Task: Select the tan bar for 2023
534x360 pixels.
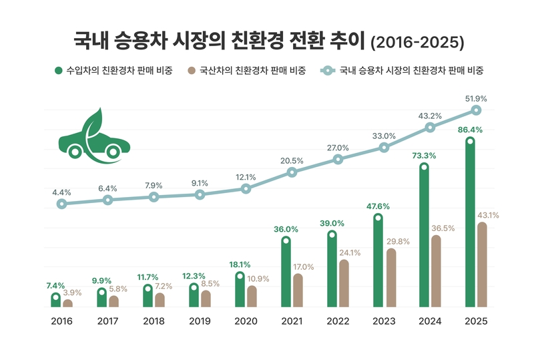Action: pos(391,279)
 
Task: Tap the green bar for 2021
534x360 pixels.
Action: pos(286,273)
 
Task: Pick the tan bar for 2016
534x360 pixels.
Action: pos(67,303)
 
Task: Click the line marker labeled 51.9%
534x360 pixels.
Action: pos(476,110)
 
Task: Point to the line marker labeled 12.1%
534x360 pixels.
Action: pos(246,189)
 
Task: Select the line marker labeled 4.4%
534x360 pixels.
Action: pos(61,204)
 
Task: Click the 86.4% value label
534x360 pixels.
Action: pos(469,128)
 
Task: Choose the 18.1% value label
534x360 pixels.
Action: pos(239,264)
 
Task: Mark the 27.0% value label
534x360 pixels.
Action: pos(338,148)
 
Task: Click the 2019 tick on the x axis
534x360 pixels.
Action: pos(200,321)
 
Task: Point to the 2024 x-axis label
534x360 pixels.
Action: pos(430,321)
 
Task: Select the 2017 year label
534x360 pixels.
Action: pos(107,321)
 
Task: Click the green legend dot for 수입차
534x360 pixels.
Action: pos(59,70)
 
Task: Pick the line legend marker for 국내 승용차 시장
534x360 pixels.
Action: pos(327,70)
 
